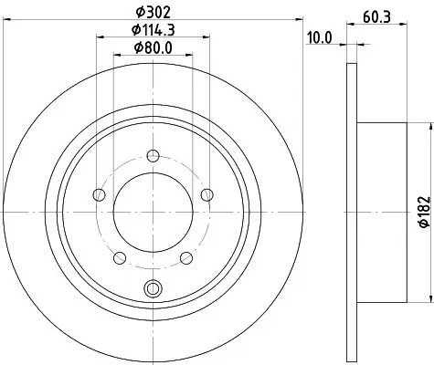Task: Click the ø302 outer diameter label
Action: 153,13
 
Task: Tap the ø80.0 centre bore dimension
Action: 153,49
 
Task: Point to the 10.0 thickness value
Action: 318,37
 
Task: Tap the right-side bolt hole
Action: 206,193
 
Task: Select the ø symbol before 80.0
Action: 136,49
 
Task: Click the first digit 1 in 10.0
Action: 308,37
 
